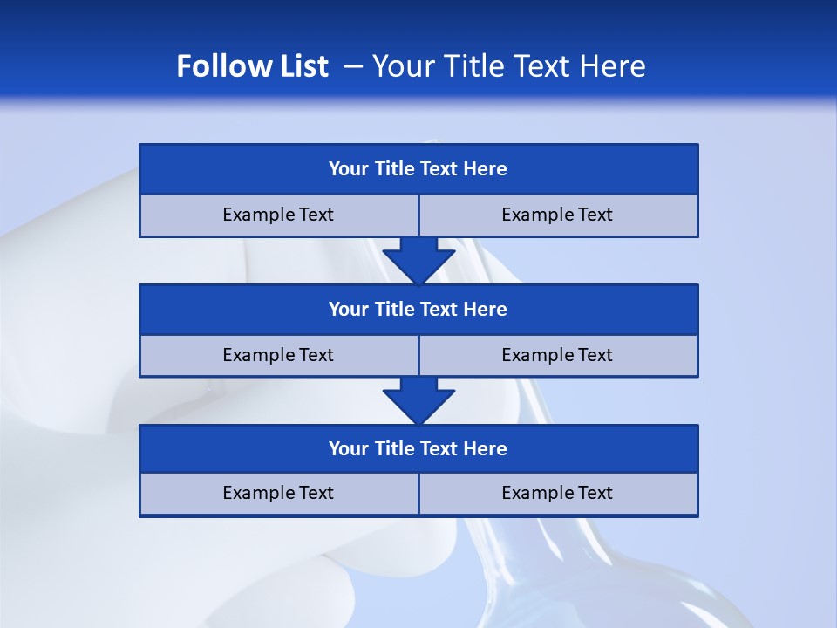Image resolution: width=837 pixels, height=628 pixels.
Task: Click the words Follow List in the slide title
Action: click(x=252, y=66)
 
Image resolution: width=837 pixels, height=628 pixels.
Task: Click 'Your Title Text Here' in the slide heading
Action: click(x=508, y=66)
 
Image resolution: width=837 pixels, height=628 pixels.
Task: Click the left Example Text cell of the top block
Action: click(x=278, y=215)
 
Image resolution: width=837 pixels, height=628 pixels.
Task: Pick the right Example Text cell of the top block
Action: click(x=557, y=215)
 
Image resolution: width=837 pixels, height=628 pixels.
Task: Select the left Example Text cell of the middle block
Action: click(x=278, y=355)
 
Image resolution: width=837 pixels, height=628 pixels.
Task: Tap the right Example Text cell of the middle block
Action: click(x=557, y=355)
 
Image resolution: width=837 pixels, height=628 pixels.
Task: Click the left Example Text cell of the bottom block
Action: click(x=278, y=493)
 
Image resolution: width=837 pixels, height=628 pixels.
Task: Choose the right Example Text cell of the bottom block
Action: click(x=557, y=493)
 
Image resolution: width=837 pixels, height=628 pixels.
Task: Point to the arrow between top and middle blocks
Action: click(x=418, y=259)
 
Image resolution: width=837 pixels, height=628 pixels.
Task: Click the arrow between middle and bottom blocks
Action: click(x=418, y=399)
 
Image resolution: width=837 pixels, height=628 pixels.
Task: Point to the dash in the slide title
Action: click(x=354, y=66)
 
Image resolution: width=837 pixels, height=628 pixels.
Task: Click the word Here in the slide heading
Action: click(x=615, y=66)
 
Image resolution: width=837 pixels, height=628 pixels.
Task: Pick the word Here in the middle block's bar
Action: click(x=485, y=309)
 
